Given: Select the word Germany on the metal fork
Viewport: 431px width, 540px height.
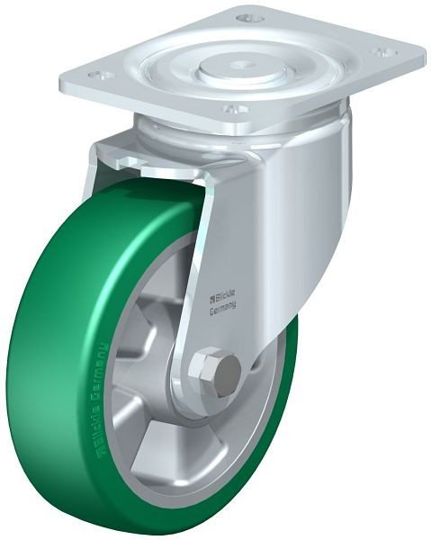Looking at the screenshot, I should (223, 308).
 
